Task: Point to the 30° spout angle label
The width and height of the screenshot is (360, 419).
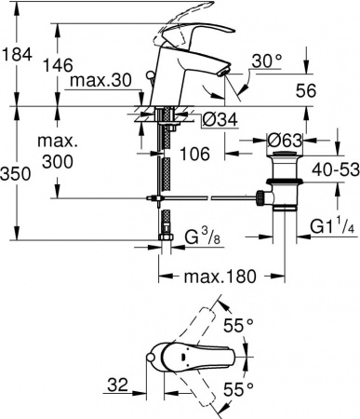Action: [x=267, y=61]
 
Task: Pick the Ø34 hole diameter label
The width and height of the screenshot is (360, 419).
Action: [x=210, y=118]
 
